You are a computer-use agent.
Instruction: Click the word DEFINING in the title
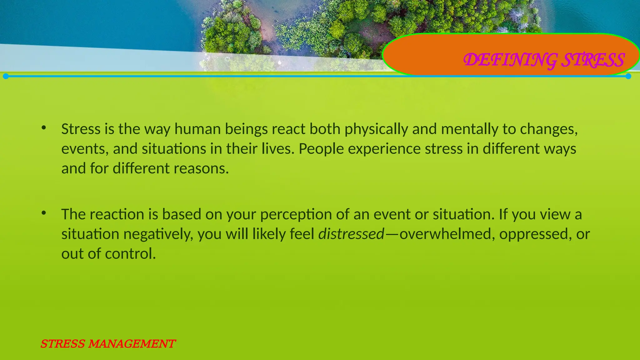click(510, 60)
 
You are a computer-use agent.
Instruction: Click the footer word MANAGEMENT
click(131, 344)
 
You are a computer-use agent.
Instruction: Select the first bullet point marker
click(44, 127)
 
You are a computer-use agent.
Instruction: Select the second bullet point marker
click(44, 213)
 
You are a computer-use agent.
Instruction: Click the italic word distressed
click(351, 234)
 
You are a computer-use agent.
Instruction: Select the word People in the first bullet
click(321, 149)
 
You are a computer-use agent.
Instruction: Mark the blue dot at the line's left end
click(6, 76)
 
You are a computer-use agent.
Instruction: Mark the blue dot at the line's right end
click(628, 76)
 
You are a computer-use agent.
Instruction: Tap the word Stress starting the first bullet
click(81, 129)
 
